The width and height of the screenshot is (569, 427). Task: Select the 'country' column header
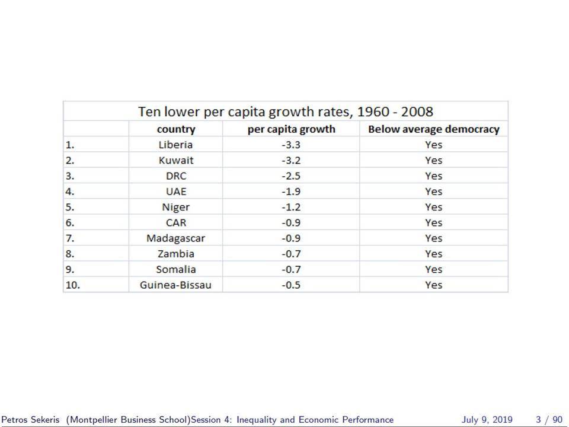[176, 129]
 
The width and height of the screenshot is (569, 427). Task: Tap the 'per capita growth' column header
[292, 129]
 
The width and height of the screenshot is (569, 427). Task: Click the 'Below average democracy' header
[434, 129]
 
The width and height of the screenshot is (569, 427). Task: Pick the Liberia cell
[175, 145]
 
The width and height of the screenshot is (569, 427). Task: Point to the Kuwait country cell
[176, 161]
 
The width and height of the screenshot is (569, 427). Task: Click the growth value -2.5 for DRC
[291, 176]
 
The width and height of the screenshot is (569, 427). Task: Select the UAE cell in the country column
[176, 192]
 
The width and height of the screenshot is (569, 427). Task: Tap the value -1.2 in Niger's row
[291, 208]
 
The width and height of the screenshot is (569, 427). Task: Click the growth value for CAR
[291, 223]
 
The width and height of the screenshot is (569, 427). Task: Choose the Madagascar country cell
[175, 238]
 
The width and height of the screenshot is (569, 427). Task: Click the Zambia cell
[176, 254]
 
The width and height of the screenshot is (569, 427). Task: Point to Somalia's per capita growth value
[291, 269]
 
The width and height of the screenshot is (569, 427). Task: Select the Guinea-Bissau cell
[175, 285]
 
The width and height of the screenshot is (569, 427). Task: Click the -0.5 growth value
[291, 285]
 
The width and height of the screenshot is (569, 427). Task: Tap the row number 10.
[72, 285]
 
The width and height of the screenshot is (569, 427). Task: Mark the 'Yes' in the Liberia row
[434, 145]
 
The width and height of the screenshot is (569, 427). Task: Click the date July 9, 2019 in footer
[487, 420]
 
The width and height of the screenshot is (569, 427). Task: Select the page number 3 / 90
[549, 420]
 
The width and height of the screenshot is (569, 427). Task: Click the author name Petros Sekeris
[30, 420]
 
